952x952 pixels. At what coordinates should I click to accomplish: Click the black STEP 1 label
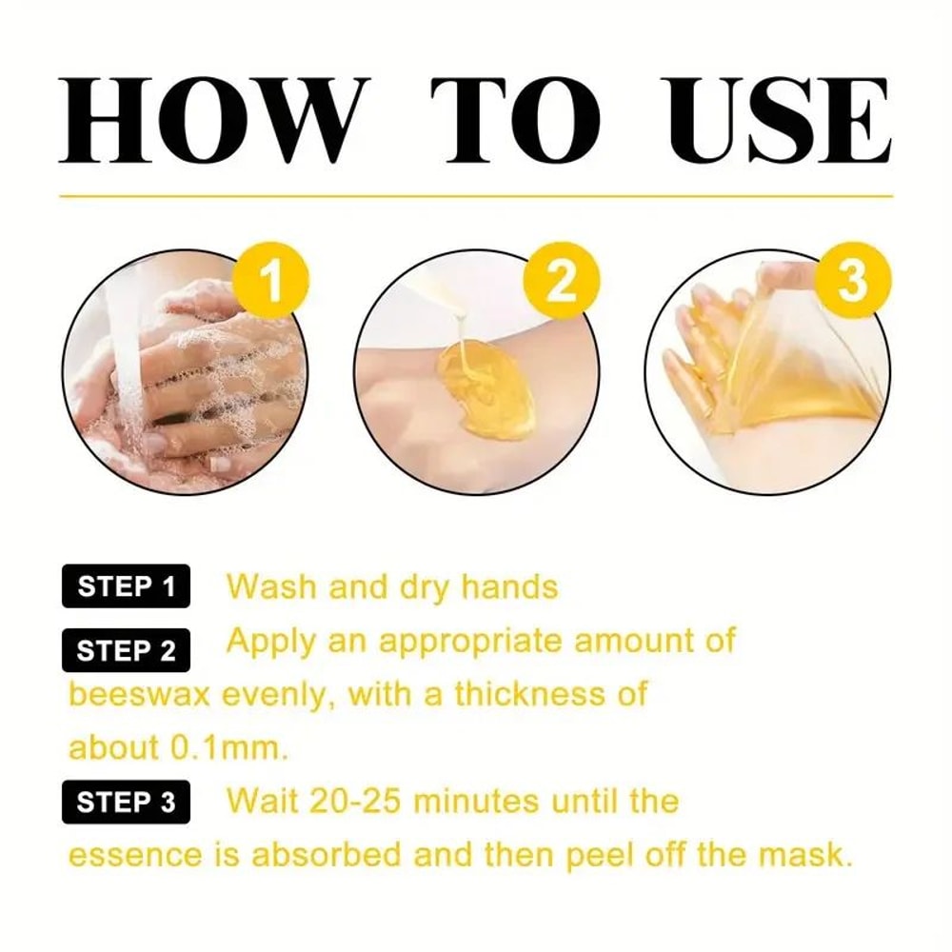127,587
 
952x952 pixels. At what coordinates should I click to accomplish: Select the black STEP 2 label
127,651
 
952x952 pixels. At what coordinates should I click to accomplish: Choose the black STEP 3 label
127,802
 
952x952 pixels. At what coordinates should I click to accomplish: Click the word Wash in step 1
273,587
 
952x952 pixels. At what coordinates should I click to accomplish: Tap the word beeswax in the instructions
140,694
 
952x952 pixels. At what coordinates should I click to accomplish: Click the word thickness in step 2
529,694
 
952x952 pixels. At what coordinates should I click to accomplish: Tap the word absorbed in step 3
324,855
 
